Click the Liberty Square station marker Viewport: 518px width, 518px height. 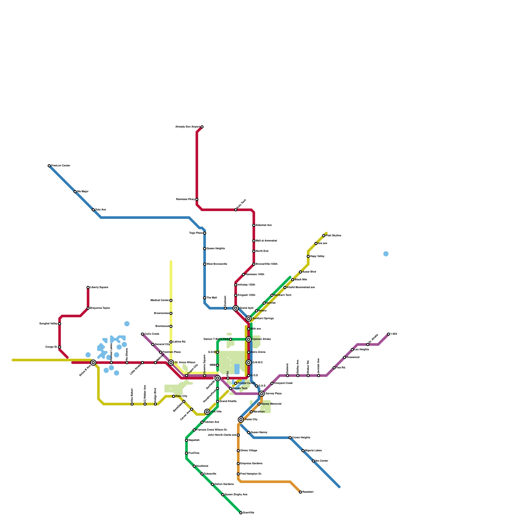click(x=88, y=287)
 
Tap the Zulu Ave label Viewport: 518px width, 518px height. click(x=101, y=210)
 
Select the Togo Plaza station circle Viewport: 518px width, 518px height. click(x=205, y=233)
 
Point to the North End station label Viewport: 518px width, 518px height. click(x=262, y=251)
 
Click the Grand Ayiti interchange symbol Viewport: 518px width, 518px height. click(x=236, y=308)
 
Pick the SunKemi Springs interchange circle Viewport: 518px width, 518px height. click(x=249, y=319)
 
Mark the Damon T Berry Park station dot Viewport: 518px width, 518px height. click(x=231, y=339)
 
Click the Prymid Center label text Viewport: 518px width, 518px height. click(x=246, y=383)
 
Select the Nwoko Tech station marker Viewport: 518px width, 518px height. click(x=231, y=388)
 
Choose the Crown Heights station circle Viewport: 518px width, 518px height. click(x=290, y=438)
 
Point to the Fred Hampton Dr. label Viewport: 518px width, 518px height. click(x=251, y=474)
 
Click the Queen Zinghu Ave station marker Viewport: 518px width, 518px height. click(x=223, y=495)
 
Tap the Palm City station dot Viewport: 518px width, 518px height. click(x=174, y=396)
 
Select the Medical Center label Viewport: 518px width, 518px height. click(x=160, y=300)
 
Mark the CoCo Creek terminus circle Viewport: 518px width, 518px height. click(x=142, y=334)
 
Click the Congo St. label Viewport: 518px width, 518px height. click(x=51, y=347)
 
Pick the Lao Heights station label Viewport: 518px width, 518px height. click(x=362, y=350)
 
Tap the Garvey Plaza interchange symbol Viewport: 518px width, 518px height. click(x=262, y=394)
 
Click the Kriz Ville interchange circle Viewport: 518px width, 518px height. click(x=207, y=412)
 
